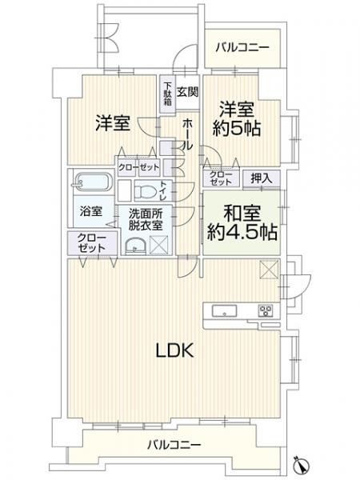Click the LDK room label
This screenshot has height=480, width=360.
click(174, 350)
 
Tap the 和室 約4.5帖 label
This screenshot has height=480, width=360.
click(242, 222)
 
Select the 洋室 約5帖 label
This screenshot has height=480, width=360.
click(237, 118)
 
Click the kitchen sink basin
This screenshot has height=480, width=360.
click(224, 311)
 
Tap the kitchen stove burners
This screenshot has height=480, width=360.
click(266, 311)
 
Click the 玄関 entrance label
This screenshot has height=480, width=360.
click(187, 91)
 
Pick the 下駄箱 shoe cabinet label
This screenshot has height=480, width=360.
click(167, 94)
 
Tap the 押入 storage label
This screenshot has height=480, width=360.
click(262, 178)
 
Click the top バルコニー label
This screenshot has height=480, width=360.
click(242, 47)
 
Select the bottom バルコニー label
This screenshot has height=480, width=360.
click(174, 444)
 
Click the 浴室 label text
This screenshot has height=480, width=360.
click(91, 211)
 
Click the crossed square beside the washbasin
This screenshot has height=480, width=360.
click(159, 246)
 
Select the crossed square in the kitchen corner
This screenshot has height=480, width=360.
click(269, 269)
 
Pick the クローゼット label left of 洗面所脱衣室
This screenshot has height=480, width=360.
click(91, 242)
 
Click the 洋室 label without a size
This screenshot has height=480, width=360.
click(113, 122)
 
